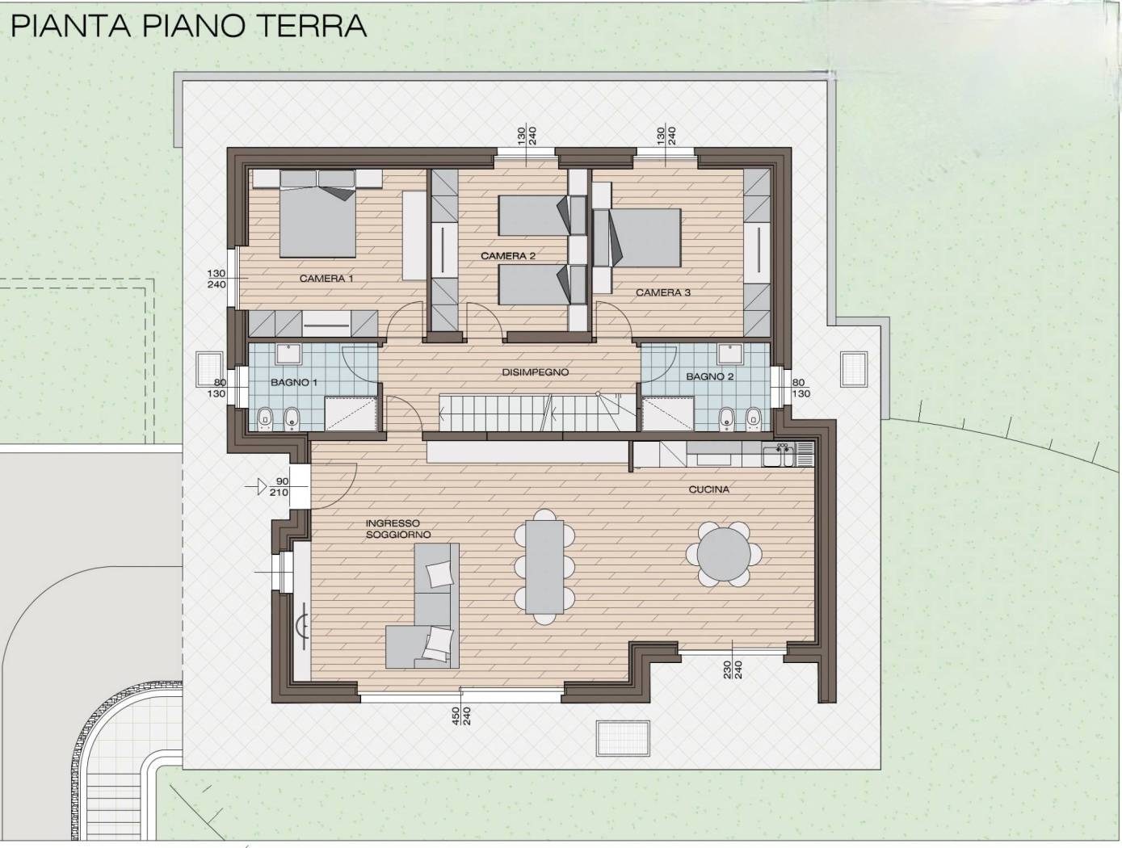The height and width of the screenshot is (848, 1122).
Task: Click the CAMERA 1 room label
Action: click(x=326, y=279)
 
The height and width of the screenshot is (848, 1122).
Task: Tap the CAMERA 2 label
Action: click(x=508, y=255)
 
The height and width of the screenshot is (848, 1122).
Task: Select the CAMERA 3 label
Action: click(x=663, y=292)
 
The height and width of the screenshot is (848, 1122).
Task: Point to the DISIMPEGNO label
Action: click(x=536, y=372)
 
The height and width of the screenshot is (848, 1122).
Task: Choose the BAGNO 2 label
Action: click(x=710, y=376)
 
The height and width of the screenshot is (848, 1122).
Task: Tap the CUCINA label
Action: click(x=709, y=489)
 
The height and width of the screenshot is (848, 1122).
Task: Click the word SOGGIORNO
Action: click(x=398, y=535)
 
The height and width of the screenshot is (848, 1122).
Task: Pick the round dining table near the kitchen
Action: click(x=724, y=554)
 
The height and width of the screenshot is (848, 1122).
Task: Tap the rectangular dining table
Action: click(x=544, y=566)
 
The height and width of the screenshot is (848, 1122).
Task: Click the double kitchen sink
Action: click(x=779, y=455)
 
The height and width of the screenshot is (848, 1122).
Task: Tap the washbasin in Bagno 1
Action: click(x=289, y=354)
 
